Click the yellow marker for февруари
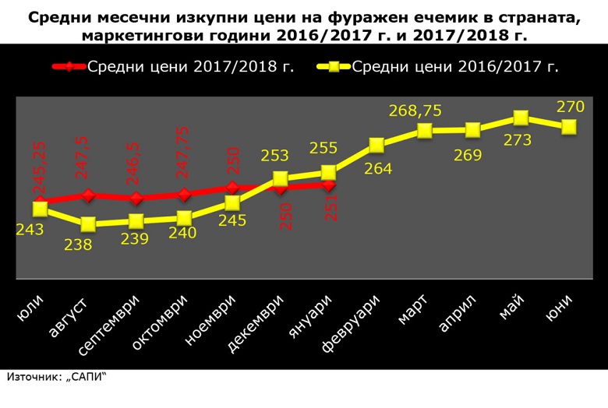(x=376, y=146)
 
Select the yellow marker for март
(x=425, y=131)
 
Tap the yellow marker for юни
(x=569, y=127)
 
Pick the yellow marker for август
(x=88, y=224)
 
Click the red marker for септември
(x=136, y=198)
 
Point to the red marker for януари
(x=328, y=185)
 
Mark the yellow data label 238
(x=78, y=244)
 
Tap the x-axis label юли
(x=30, y=307)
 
